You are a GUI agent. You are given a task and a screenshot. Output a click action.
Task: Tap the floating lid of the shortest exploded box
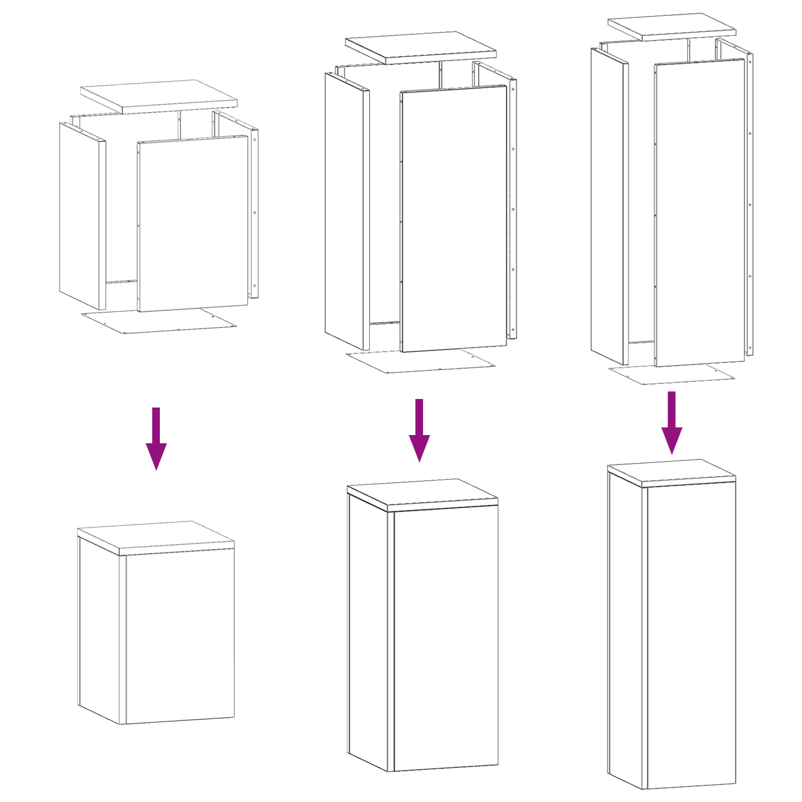click(x=158, y=95)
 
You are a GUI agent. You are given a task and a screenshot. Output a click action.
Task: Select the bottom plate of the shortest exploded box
click(x=158, y=321)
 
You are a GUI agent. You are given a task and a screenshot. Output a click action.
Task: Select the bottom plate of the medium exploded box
click(x=421, y=361)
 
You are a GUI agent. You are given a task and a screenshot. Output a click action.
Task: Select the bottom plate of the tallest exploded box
click(x=672, y=373)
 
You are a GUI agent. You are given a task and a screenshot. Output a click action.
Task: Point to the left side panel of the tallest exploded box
click(x=608, y=206)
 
